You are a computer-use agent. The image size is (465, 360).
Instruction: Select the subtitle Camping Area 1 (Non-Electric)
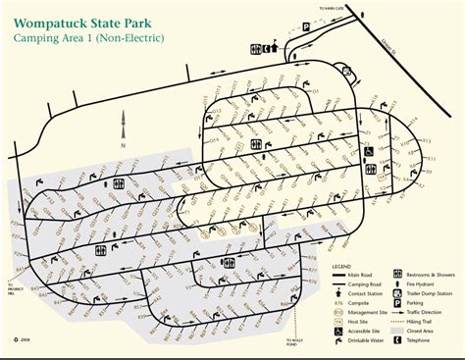[x=82, y=38]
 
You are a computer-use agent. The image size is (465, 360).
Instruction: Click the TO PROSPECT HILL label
[x=19, y=279]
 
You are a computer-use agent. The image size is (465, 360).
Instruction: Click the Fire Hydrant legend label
[x=424, y=284]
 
